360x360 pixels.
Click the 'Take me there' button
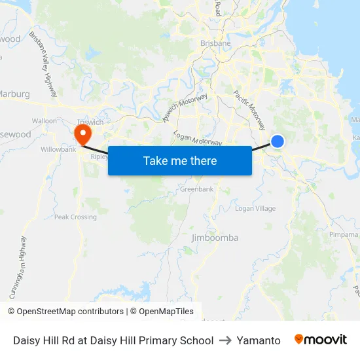(179, 160)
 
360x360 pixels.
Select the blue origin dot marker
(278, 141)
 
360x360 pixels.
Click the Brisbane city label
(215, 43)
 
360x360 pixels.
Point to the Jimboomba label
(215, 238)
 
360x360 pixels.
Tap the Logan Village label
(255, 208)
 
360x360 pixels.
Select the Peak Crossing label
(75, 217)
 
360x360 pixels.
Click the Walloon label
(45, 121)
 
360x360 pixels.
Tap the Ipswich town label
(90, 122)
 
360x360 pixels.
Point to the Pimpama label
(344, 234)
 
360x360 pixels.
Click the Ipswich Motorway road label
(185, 108)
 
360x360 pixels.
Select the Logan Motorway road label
(198, 139)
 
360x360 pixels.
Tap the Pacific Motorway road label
(250, 110)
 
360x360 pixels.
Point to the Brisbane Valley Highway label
(43, 65)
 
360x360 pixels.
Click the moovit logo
(321, 340)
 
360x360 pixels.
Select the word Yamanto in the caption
(259, 340)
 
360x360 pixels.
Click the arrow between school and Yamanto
(225, 340)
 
